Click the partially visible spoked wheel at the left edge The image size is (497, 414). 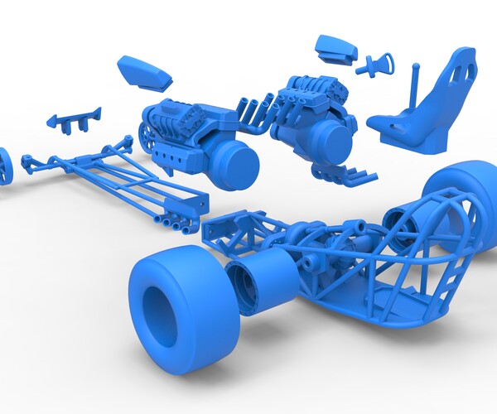5,166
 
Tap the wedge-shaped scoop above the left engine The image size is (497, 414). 145,73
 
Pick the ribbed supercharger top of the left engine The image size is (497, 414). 177,111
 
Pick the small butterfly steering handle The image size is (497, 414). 377,65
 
